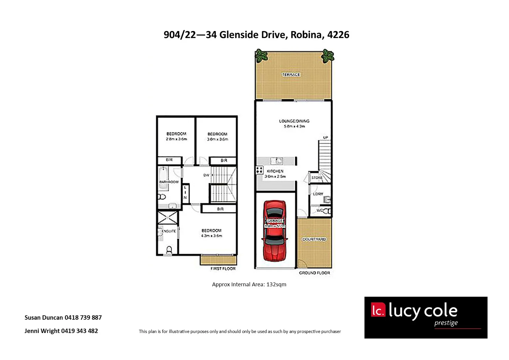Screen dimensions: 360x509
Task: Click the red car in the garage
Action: [275, 231]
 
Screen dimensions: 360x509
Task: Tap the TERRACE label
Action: [291, 75]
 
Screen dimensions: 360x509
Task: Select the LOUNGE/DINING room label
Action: [294, 121]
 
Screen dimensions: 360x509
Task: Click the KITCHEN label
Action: [275, 171]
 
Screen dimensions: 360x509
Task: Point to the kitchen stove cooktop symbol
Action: [259, 170]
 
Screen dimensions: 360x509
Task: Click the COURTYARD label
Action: [314, 239]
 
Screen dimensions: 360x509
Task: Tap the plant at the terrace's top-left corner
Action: [261, 55]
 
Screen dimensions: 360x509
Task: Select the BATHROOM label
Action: [169, 182]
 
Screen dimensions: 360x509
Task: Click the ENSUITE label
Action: [169, 231]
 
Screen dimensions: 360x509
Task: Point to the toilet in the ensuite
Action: [169, 250]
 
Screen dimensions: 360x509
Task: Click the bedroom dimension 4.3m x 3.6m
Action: [212, 236]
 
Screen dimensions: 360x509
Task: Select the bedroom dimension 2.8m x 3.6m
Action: [176, 139]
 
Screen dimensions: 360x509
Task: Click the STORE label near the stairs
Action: [317, 178]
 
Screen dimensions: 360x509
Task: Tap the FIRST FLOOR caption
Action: [223, 269]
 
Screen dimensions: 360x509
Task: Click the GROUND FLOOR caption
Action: [314, 273]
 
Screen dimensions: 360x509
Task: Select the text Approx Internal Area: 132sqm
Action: [249, 284]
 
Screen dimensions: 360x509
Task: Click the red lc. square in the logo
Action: [378, 310]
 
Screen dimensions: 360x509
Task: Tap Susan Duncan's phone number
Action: [83, 318]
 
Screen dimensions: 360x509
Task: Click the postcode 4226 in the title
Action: [338, 35]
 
